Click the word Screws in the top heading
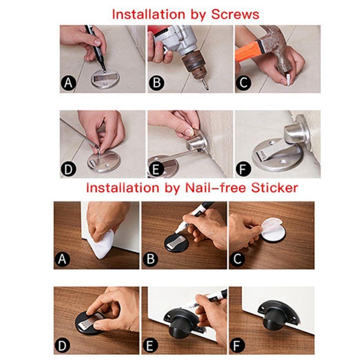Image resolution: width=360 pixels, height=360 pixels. pyautogui.click(x=235, y=14)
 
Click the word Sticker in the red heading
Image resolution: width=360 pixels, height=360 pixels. pyautogui.click(x=274, y=188)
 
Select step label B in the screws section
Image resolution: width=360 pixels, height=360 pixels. pyautogui.click(x=157, y=83)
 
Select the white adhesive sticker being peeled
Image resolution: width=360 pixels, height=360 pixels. pyautogui.click(x=273, y=231)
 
